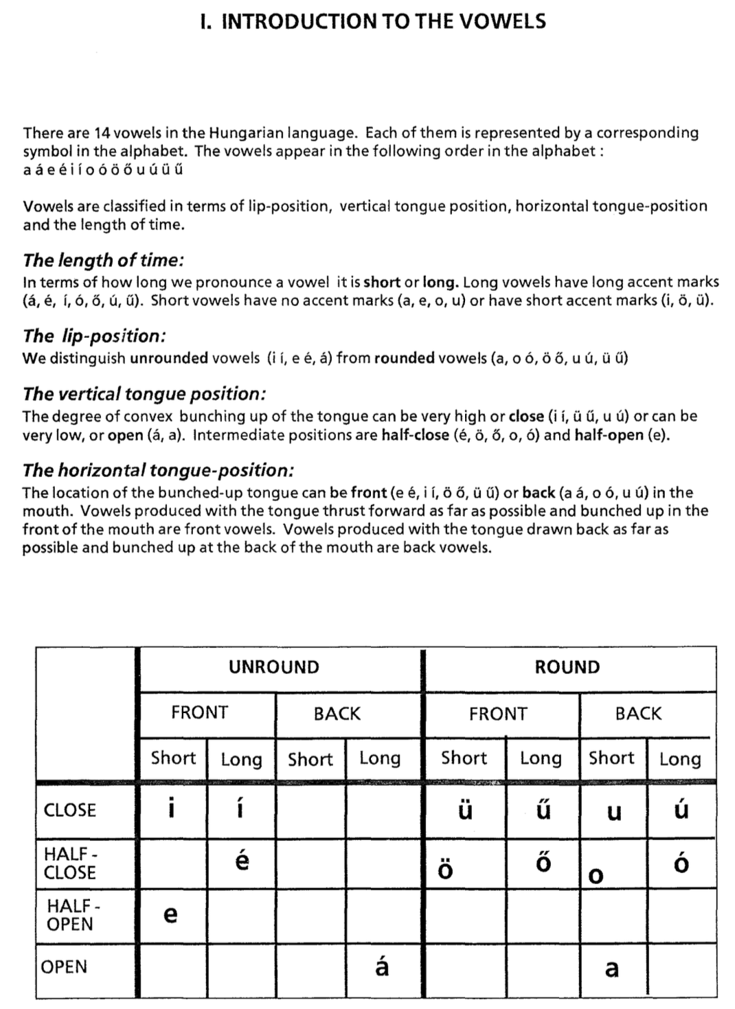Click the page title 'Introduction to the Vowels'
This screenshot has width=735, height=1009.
tap(372, 21)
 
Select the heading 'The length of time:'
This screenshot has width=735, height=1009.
tap(104, 260)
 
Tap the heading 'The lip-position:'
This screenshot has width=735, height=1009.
tap(94, 336)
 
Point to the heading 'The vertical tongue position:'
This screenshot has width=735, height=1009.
tap(144, 393)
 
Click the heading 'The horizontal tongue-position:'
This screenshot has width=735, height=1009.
tap(159, 470)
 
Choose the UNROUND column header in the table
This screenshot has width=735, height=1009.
tap(274, 667)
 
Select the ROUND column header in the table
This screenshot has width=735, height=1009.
tap(567, 667)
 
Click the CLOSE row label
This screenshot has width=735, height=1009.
tap(69, 810)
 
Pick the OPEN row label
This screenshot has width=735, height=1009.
tap(65, 967)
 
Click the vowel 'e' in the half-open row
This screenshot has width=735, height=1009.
tap(171, 914)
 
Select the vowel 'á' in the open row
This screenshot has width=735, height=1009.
tap(382, 966)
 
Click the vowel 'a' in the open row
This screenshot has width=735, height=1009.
tap(611, 969)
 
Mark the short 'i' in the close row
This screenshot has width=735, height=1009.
tap(170, 809)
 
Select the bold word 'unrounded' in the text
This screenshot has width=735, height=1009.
tap(169, 358)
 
